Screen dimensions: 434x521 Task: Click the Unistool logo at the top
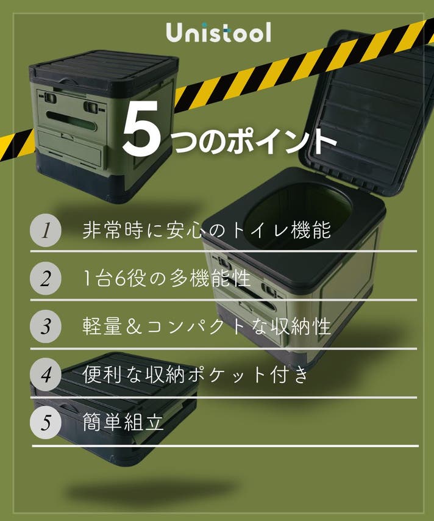218,32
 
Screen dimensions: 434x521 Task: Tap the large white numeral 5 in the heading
142,128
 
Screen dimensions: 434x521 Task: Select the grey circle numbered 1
46,230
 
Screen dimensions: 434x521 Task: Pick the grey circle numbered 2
46,278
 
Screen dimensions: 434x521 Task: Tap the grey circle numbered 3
46,326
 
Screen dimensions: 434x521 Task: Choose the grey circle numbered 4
46,375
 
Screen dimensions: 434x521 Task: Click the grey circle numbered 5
46,423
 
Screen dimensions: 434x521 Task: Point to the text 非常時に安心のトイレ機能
207,230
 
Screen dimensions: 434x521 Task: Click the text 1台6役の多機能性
166,278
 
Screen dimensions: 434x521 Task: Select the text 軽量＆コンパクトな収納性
207,326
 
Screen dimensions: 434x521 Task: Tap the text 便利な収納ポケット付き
196,375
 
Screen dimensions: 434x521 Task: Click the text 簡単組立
123,422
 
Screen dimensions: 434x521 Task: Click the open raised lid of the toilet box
368,110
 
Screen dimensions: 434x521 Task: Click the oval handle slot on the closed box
71,121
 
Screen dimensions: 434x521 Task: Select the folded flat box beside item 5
115,407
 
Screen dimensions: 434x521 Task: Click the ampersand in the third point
134,326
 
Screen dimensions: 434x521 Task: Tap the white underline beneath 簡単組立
225,446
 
